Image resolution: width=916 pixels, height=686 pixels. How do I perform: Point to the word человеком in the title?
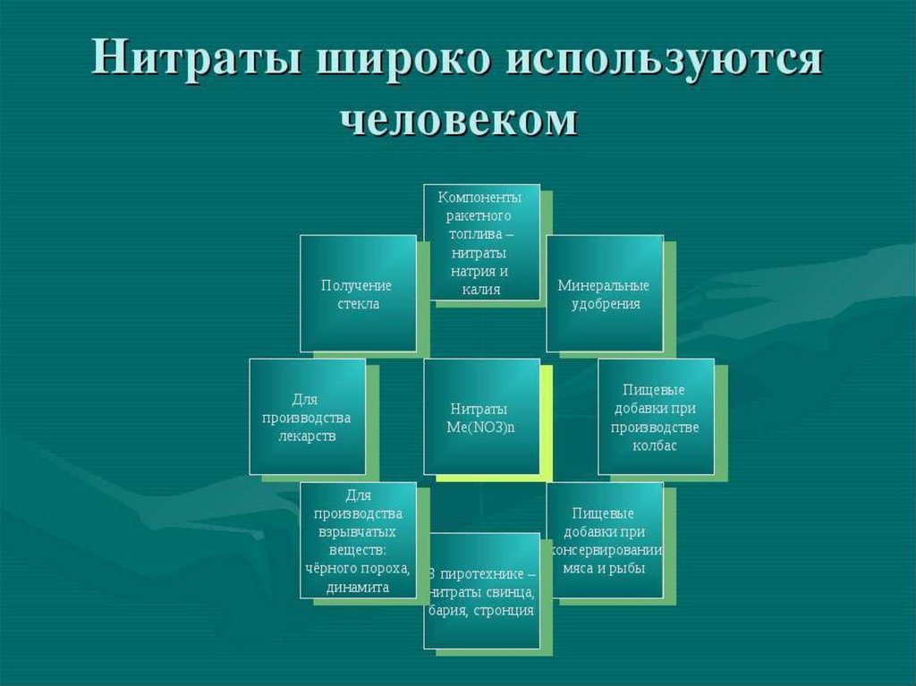(458, 119)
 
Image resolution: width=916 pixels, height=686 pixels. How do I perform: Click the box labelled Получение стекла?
(358, 293)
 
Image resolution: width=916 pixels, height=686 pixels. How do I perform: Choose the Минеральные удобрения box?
(604, 293)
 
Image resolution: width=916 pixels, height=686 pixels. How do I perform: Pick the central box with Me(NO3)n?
(481, 417)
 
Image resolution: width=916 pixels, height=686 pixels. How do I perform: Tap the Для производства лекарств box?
(307, 417)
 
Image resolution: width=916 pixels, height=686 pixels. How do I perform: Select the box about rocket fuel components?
(481, 241)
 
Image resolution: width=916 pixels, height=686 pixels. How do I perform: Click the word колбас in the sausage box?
(657, 445)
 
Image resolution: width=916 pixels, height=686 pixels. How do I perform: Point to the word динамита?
(358, 588)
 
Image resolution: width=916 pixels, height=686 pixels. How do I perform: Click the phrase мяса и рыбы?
(604, 567)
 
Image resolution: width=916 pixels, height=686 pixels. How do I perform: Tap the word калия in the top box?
(481, 290)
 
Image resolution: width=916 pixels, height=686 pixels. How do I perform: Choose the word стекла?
(358, 303)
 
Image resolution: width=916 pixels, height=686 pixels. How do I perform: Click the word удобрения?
(604, 303)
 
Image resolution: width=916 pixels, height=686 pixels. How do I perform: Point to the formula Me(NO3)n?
(481, 427)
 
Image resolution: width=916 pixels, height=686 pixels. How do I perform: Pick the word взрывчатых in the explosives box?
(358, 532)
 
